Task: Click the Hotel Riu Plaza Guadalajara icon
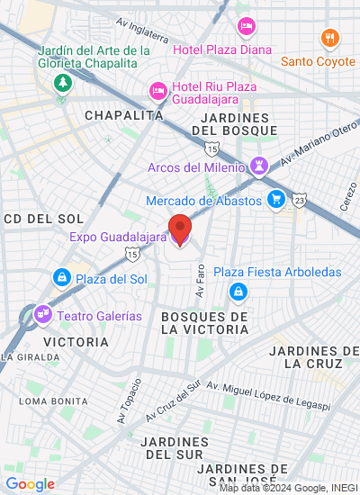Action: coord(157,90)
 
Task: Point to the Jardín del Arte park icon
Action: coord(63,84)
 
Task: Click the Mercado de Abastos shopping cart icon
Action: coord(275,200)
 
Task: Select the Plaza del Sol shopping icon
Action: coord(61,277)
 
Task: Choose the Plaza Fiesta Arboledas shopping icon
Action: coord(238,291)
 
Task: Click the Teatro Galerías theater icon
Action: coord(41,315)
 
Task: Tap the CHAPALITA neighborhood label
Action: coord(124,115)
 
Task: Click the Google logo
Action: coord(30,483)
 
